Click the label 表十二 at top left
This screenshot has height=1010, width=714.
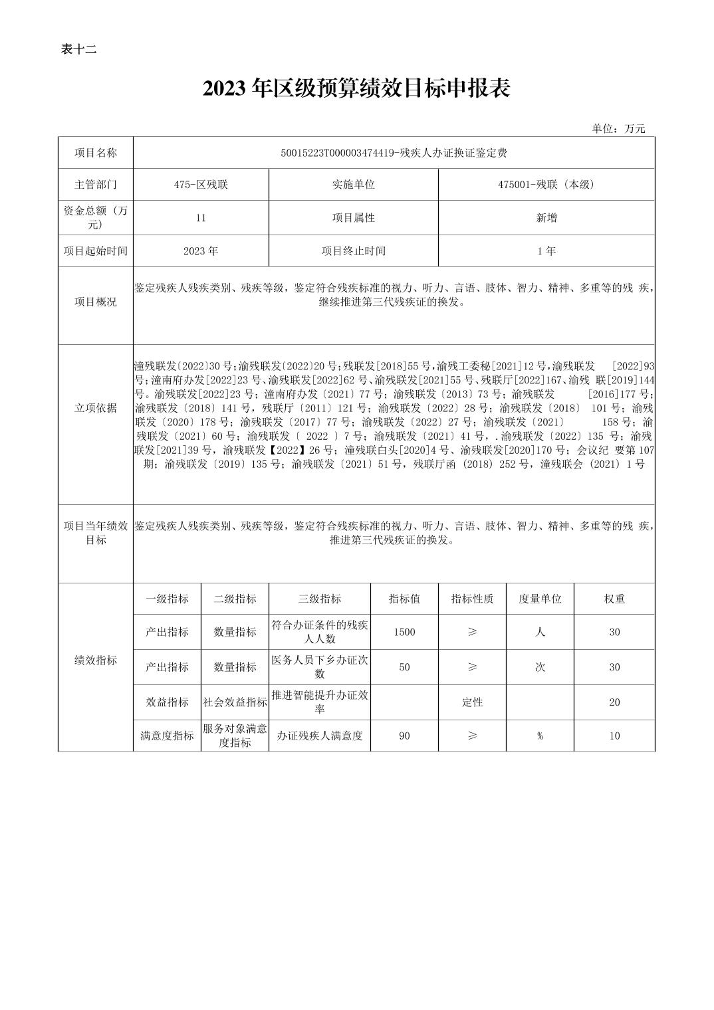pos(78,49)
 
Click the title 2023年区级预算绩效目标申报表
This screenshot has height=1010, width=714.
pos(356,88)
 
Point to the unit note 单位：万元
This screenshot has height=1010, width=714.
pos(618,129)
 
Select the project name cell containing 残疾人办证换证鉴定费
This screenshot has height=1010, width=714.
pos(394,153)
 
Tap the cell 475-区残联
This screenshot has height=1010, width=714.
pos(201,185)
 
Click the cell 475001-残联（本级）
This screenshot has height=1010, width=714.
pos(546,185)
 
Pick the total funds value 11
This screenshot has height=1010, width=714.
pos(201,218)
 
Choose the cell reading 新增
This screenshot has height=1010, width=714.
pos(546,218)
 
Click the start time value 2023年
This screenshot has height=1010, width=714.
pos(201,251)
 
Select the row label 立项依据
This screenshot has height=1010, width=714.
pos(96,408)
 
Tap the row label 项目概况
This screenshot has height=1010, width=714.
pos(96,302)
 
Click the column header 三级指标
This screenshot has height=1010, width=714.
pos(320,599)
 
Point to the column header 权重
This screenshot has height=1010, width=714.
pos(614,599)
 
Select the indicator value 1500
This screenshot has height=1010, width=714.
pos(404,632)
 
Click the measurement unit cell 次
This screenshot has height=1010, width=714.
pos(540,667)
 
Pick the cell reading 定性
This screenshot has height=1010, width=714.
pos(472,702)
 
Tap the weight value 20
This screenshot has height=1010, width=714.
pos(614,702)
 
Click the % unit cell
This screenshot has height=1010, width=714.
pos(540,736)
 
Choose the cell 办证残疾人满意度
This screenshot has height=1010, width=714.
pos(320,736)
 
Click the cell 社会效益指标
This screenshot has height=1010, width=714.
pos(235,702)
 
